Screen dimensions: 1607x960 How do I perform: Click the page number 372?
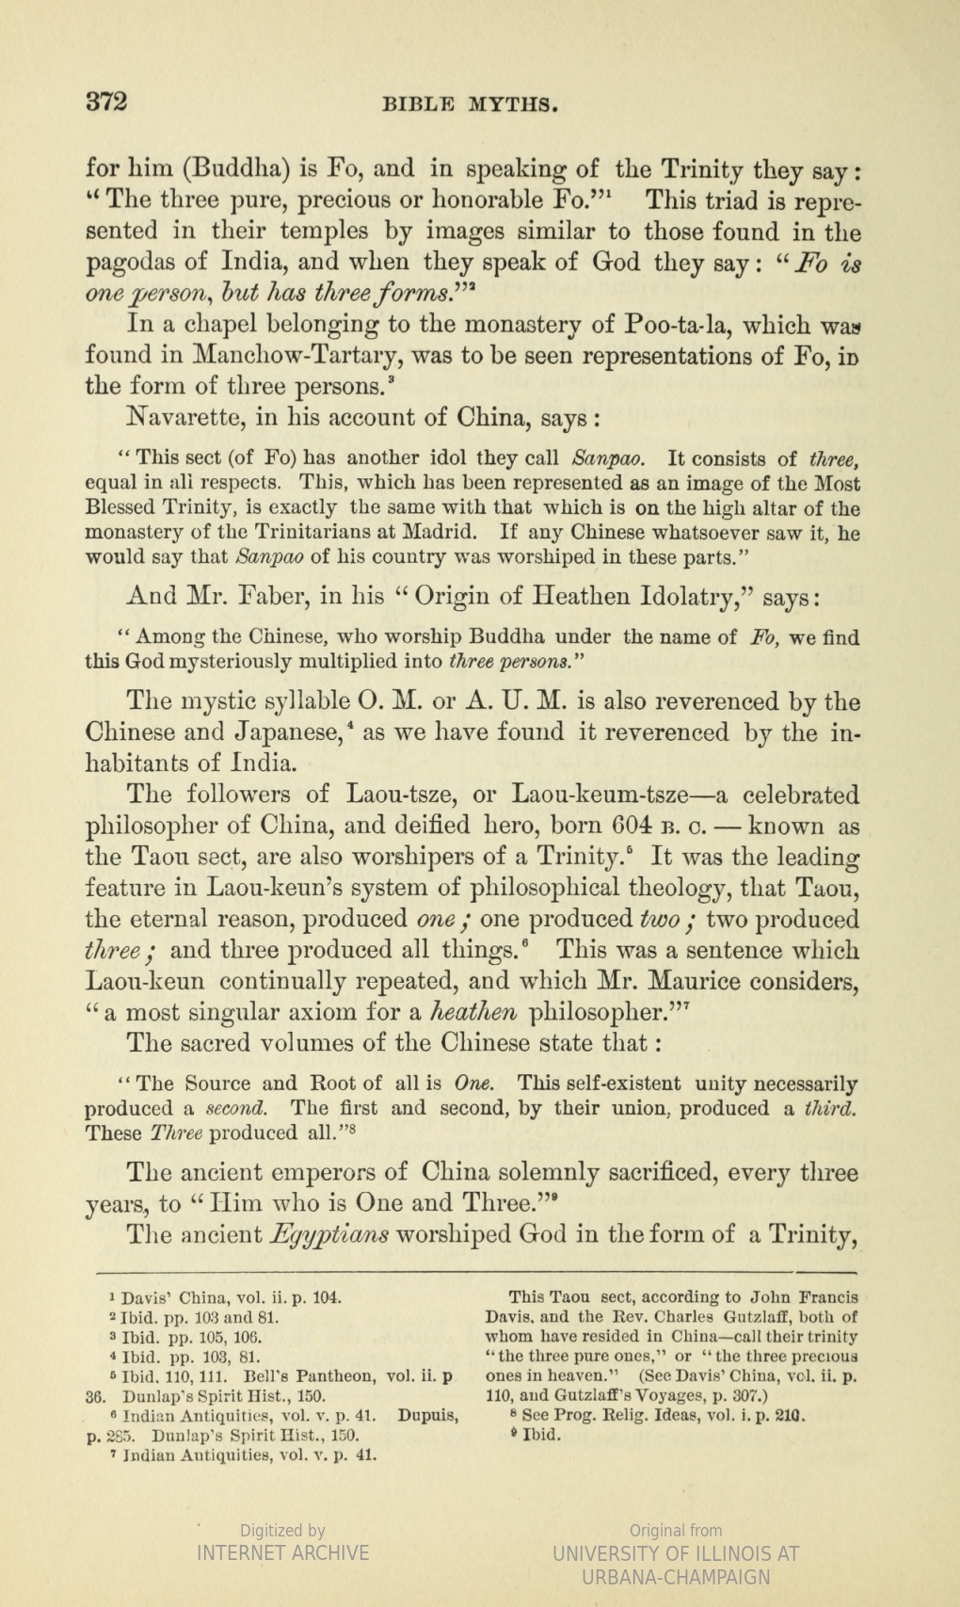tap(106, 102)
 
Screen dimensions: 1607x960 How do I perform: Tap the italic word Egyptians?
tap(329, 1234)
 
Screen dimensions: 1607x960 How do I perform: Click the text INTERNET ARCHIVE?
tap(282, 1552)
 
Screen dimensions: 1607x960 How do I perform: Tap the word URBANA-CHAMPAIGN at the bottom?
tap(676, 1576)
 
